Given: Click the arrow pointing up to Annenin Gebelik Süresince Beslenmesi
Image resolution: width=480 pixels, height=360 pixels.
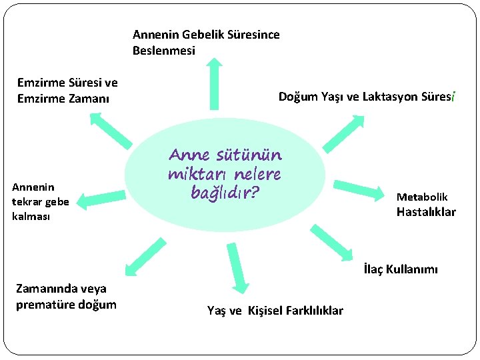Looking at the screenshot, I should (214, 83).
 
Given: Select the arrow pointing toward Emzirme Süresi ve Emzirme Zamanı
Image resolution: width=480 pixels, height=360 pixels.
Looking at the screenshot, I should (109, 129).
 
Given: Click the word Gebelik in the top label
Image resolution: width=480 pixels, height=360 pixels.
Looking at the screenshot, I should (202, 34).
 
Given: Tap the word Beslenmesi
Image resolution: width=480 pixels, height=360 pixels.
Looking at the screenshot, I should (164, 50).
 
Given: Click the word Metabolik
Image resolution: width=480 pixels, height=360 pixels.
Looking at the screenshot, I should (422, 197).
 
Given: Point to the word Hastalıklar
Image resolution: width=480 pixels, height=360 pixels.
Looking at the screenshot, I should (426, 212).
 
